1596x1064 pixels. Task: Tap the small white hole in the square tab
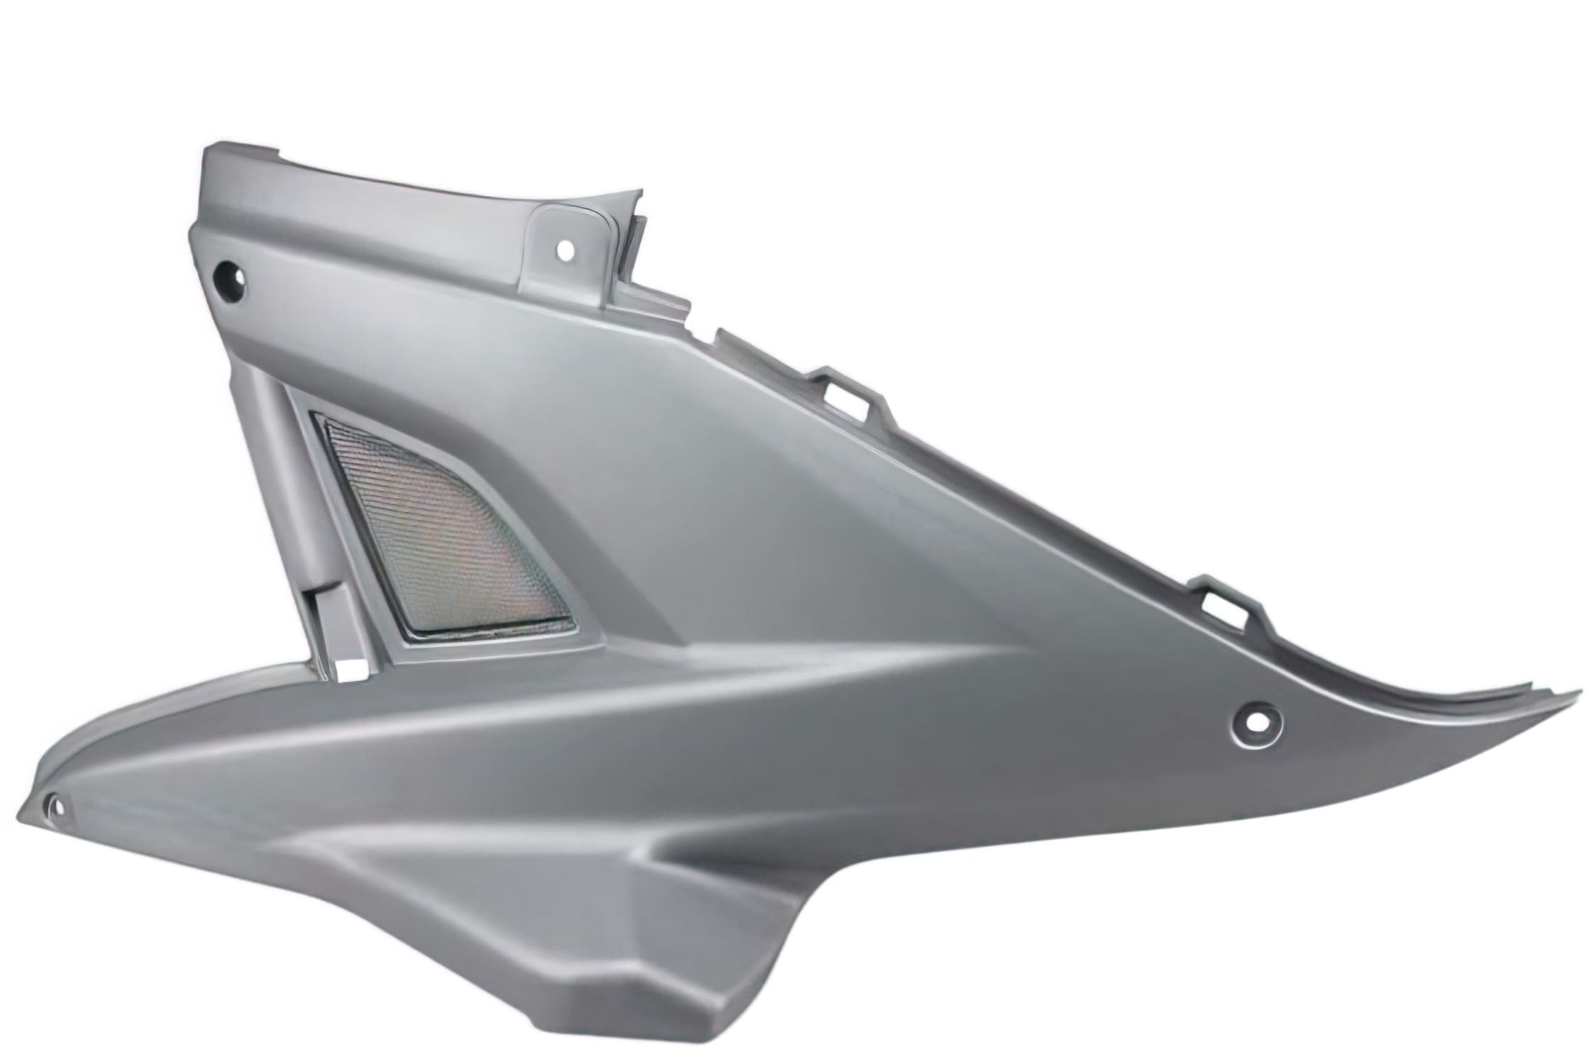point(565,250)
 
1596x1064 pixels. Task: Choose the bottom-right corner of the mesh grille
point(571,624)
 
